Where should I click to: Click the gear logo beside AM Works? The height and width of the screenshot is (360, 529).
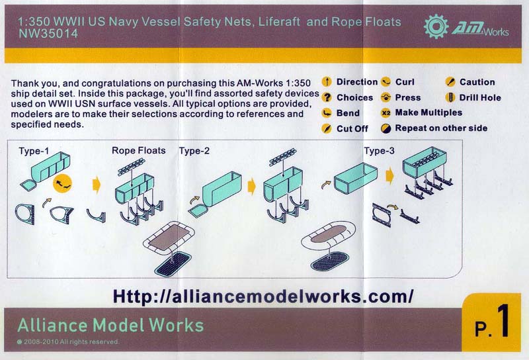(x=436, y=26)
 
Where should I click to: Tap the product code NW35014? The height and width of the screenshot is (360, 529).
(x=48, y=34)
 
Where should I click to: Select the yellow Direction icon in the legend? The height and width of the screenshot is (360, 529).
(x=326, y=81)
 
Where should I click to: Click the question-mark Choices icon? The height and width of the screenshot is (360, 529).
(x=326, y=97)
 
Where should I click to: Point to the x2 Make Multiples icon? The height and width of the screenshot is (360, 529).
(x=386, y=112)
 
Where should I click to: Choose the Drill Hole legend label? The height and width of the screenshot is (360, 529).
(x=480, y=97)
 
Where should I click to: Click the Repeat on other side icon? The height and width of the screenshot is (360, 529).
(x=386, y=128)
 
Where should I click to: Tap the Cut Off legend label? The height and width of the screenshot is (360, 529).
(x=352, y=128)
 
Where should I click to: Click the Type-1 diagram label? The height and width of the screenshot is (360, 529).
(x=34, y=151)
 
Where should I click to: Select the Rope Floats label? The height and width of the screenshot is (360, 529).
(x=139, y=151)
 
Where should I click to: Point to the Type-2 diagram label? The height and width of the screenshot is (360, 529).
(x=194, y=151)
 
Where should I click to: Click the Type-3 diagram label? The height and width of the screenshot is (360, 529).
(x=379, y=151)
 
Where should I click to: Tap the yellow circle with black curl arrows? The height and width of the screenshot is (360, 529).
(x=62, y=184)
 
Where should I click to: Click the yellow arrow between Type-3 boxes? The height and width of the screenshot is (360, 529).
(x=389, y=176)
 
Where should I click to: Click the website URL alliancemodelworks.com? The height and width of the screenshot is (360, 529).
(x=263, y=296)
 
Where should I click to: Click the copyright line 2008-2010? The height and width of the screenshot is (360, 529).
(x=68, y=341)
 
